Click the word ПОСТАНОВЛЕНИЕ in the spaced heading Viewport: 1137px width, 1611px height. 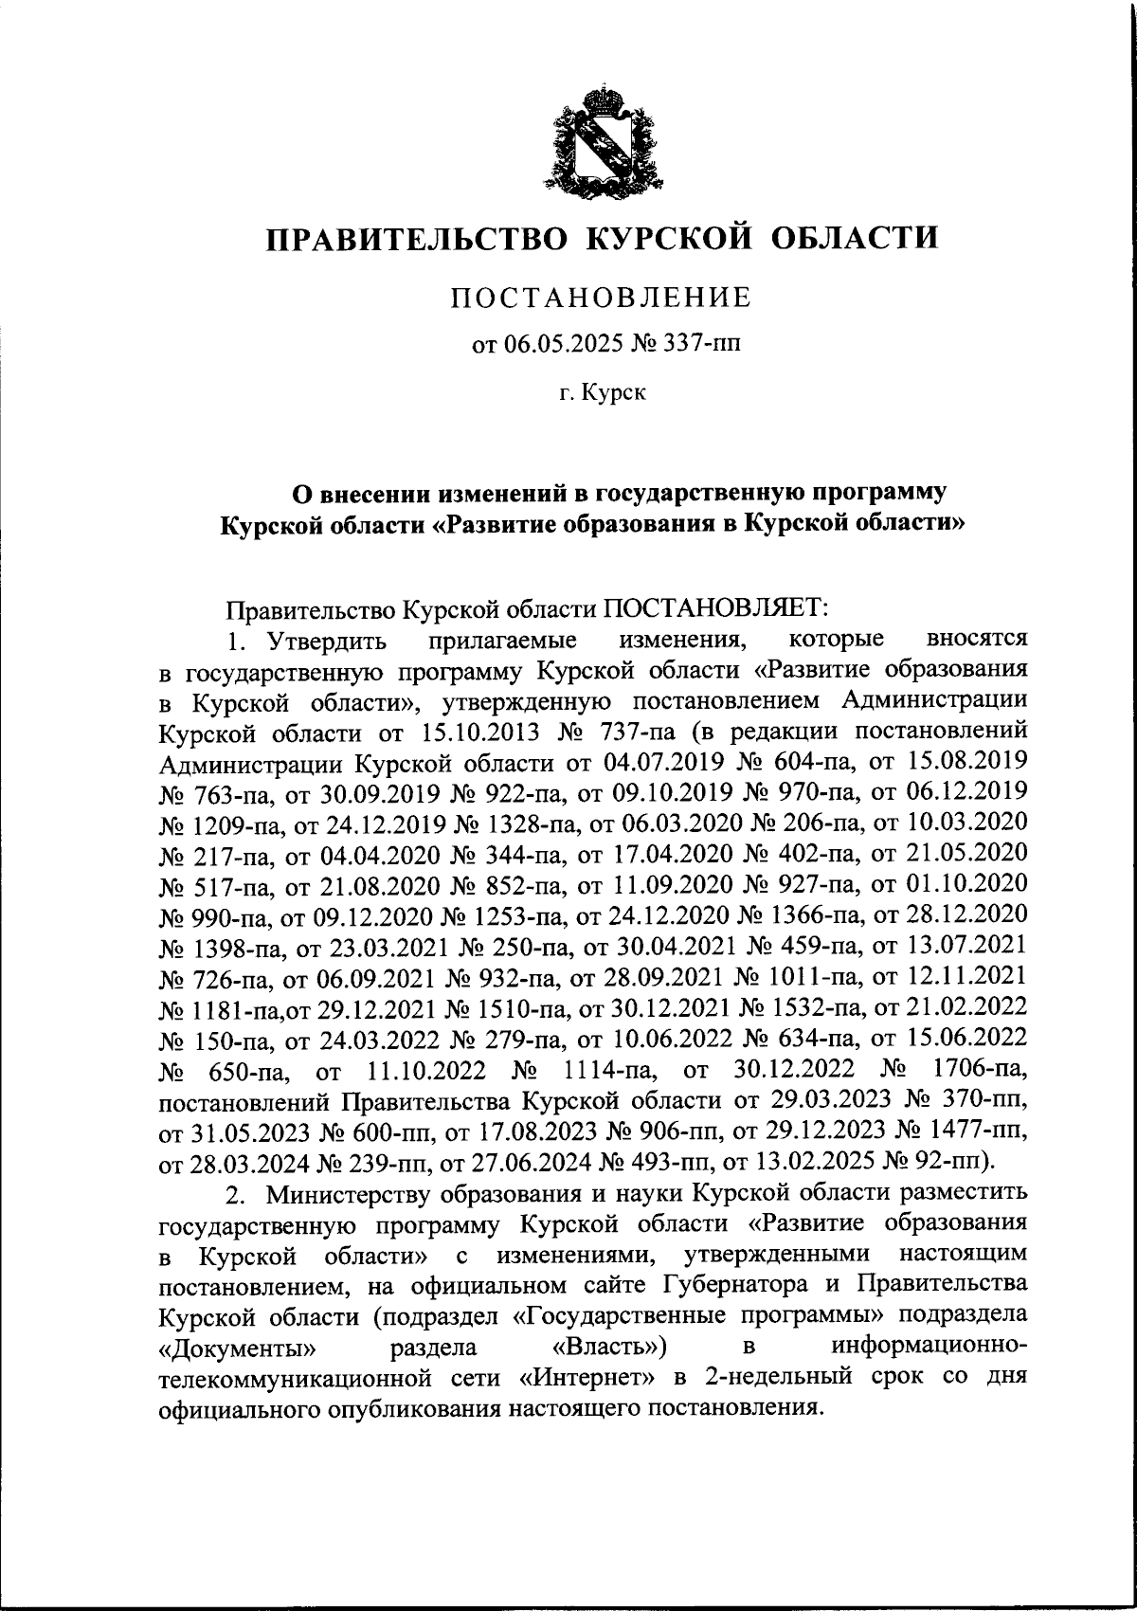[x=601, y=298]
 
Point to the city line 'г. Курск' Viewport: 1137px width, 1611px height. [x=601, y=391]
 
